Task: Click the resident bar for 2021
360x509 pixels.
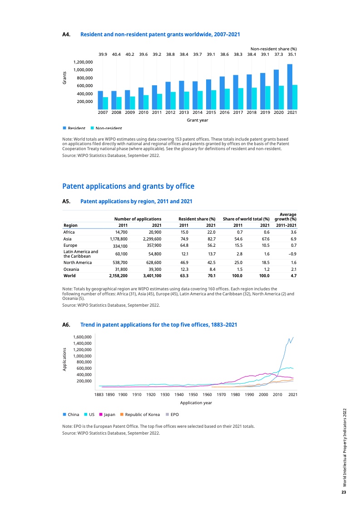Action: tap(290, 86)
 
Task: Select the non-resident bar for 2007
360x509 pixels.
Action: tap(105, 103)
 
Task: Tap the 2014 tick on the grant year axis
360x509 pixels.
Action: tap(197, 112)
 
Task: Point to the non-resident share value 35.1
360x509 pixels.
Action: tap(292, 54)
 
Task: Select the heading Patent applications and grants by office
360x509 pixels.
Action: tap(128, 186)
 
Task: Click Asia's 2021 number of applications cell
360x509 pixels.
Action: tap(152, 238)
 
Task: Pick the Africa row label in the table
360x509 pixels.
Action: tap(69, 232)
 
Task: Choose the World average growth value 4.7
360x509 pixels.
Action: tap(293, 275)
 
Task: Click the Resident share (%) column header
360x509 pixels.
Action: tap(197, 219)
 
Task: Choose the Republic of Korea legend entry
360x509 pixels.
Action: tap(140, 415)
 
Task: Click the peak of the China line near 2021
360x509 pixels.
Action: tap(293, 337)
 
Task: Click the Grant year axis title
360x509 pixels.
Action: tap(197, 120)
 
